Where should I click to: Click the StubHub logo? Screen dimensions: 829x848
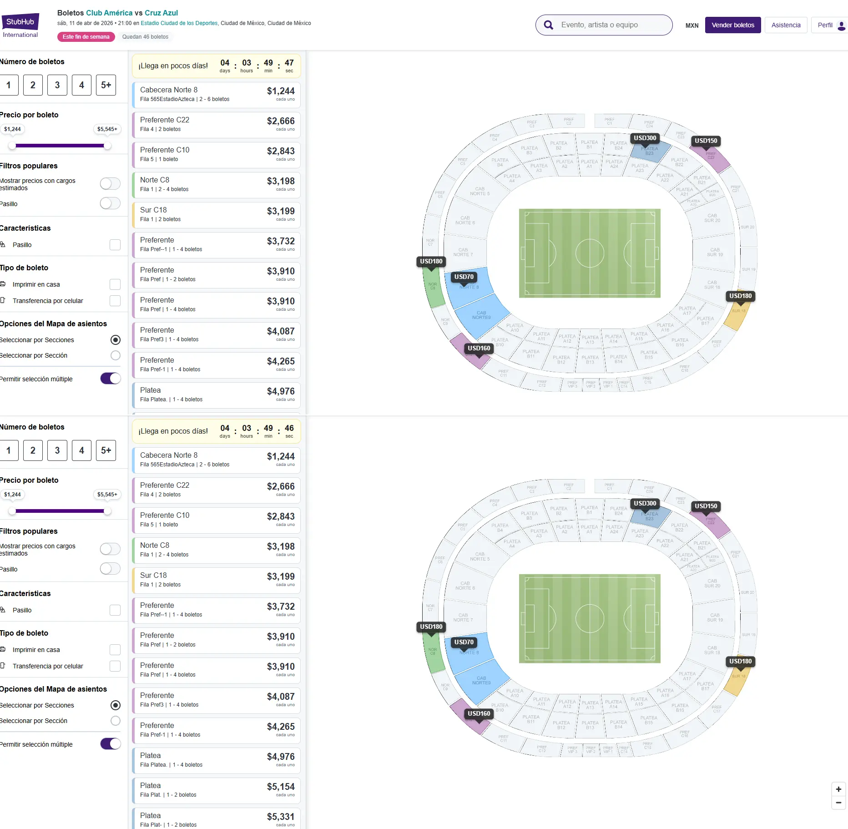click(x=20, y=21)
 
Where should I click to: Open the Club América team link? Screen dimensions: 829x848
click(x=109, y=13)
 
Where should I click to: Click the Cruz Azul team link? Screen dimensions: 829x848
click(x=161, y=13)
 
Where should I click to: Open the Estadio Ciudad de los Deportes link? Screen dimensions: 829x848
click(x=179, y=23)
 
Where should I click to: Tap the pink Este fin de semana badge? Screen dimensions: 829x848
click(x=86, y=37)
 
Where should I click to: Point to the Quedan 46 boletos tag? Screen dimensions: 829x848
click(x=145, y=37)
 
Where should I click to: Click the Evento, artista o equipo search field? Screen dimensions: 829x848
click(x=610, y=25)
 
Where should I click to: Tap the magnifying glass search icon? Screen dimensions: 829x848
click(x=549, y=25)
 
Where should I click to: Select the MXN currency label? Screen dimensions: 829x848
click(x=692, y=25)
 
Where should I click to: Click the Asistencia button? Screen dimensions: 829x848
click(x=786, y=25)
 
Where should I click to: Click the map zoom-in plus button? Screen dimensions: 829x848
click(x=838, y=789)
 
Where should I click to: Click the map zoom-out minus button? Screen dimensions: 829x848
click(x=838, y=803)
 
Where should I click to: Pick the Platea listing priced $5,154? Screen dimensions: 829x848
click(x=217, y=790)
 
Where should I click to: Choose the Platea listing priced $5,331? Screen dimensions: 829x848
click(x=217, y=819)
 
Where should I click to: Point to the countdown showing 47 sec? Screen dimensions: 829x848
click(x=289, y=65)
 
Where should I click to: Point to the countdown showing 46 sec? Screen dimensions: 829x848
click(x=289, y=430)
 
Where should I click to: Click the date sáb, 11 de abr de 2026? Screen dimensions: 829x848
click(x=85, y=23)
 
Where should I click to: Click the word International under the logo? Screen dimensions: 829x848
click(x=20, y=35)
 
